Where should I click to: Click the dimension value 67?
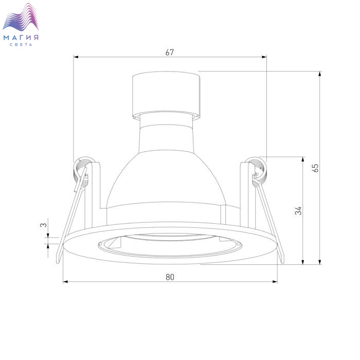[170, 52]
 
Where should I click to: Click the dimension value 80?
[170, 277]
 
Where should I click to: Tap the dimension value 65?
[316, 168]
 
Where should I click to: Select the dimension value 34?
[298, 211]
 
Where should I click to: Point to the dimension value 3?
[43, 225]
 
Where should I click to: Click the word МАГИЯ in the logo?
[21, 38]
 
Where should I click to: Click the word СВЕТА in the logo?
[21, 45]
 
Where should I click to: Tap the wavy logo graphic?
[21, 17]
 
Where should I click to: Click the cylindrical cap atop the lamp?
[166, 95]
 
